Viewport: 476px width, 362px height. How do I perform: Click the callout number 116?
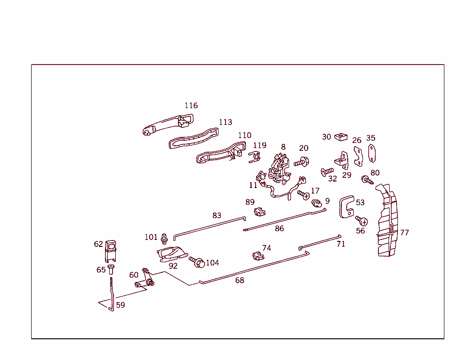(x=191, y=106)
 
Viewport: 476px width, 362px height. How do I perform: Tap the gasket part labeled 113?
(x=193, y=138)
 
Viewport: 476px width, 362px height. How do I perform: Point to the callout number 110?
(x=245, y=136)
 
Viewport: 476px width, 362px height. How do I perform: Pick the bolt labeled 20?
(x=302, y=162)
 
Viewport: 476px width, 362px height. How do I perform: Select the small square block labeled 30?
(x=341, y=136)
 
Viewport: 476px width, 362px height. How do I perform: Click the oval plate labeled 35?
(x=372, y=154)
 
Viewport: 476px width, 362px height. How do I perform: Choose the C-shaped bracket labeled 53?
(x=346, y=207)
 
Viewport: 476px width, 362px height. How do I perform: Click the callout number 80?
(x=375, y=173)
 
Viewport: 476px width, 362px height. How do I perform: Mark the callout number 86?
(x=279, y=228)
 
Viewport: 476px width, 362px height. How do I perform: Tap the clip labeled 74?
(x=257, y=256)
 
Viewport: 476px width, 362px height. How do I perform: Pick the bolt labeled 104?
(x=197, y=262)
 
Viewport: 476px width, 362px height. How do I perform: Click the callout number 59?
(x=120, y=305)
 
